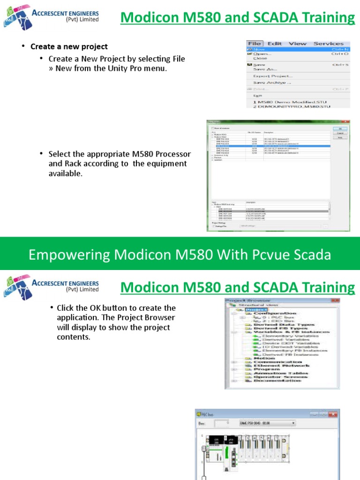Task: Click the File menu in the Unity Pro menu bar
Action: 254,44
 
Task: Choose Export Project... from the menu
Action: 273,76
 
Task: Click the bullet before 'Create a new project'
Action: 22,46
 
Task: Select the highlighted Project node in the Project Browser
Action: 256,310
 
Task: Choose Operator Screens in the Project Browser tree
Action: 280,376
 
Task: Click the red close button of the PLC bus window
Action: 333,414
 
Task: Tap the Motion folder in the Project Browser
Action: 264,358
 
